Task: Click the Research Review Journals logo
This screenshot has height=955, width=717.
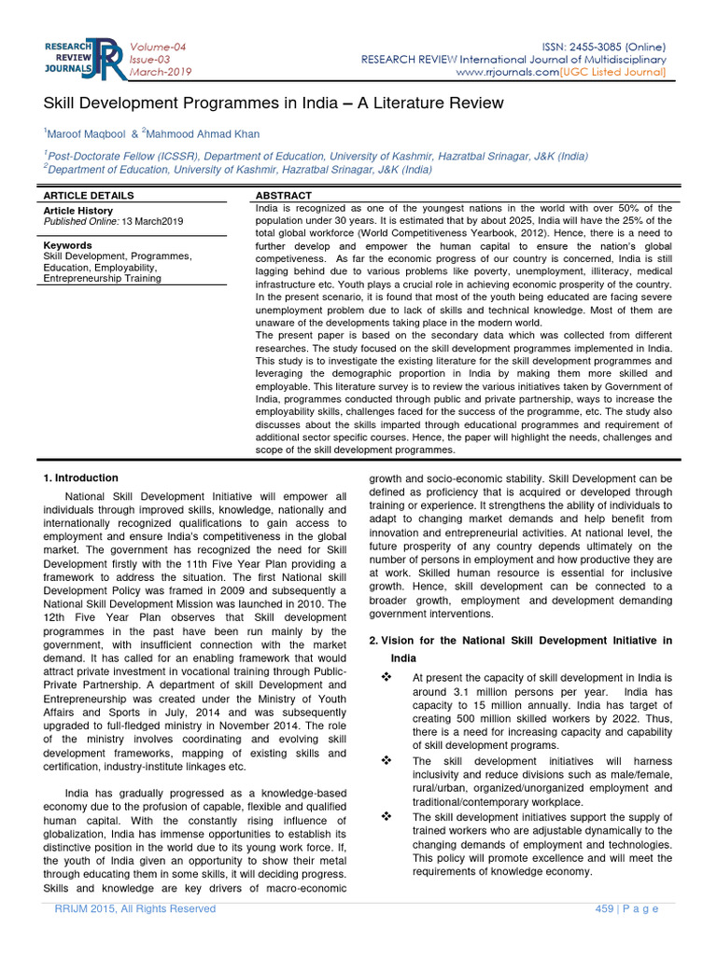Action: click(82, 59)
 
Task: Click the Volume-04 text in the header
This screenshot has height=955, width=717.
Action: click(158, 47)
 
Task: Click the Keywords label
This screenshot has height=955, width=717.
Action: click(67, 245)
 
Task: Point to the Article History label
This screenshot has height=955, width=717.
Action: click(78, 211)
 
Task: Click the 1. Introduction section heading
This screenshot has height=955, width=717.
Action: click(81, 477)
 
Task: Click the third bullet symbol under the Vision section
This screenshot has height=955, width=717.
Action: click(386, 817)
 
